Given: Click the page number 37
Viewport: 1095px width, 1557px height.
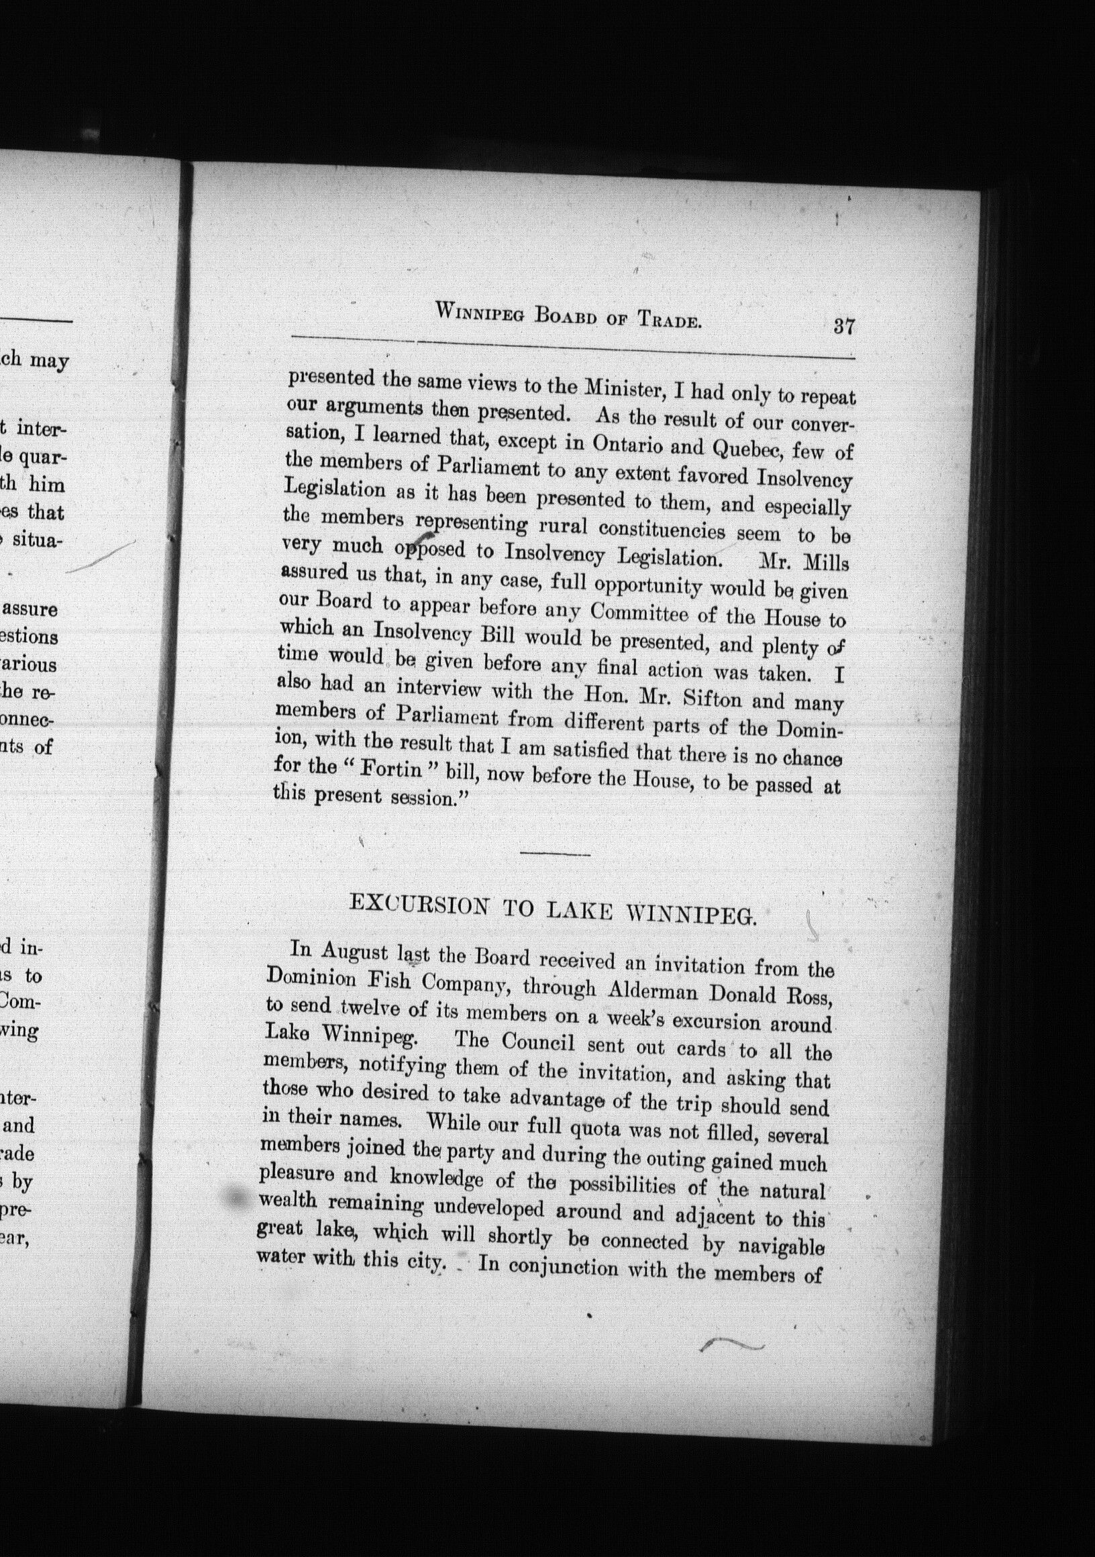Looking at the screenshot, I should coord(843,326).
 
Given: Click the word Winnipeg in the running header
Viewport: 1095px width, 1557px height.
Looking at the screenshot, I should coord(477,313).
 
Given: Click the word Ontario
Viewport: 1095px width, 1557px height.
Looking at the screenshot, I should coord(626,446).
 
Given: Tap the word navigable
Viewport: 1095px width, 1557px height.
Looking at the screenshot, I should coord(780,1246).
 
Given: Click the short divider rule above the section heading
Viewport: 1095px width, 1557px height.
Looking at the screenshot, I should coord(557,854).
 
